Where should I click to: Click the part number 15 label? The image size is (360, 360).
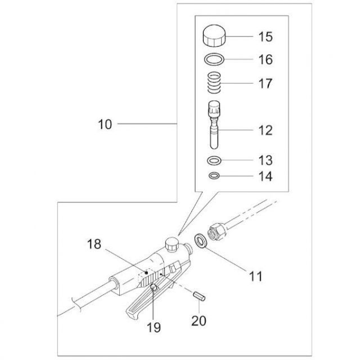tap(265, 37)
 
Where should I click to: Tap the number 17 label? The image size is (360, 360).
tap(265, 84)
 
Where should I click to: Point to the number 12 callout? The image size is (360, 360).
tap(265, 130)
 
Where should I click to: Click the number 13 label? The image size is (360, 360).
tap(265, 160)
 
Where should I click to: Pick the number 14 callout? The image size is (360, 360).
tap(265, 177)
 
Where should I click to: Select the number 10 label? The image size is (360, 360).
tap(105, 124)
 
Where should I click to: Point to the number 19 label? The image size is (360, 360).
tap(154, 326)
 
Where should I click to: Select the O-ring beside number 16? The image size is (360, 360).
tap(213, 58)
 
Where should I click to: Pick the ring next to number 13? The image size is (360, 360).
tap(213, 160)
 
